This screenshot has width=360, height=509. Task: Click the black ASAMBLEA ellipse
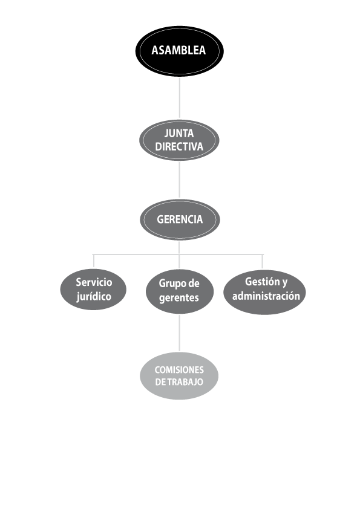point(180,51)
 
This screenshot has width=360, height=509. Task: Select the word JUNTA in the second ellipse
point(179,133)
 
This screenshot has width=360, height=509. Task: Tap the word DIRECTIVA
point(179,146)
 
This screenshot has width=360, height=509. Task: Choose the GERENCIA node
point(180,220)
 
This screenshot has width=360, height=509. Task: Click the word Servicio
point(94,282)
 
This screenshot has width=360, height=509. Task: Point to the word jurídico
point(94,297)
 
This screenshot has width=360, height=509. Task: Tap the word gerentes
point(179,297)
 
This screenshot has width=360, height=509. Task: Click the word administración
point(266,296)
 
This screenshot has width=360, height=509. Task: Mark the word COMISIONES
point(179,370)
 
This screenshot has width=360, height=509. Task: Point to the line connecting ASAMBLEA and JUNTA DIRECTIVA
point(180,97)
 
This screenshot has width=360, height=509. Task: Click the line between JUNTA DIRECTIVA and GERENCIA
point(179,180)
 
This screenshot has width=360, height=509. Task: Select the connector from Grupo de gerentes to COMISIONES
point(179,333)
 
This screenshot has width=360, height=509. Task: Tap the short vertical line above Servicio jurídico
point(94,261)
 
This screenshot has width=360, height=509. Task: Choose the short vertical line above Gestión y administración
point(263,262)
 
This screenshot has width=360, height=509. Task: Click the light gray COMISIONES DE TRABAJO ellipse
point(179,376)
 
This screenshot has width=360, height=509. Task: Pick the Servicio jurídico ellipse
point(93,289)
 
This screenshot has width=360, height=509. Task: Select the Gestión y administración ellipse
point(264,292)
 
